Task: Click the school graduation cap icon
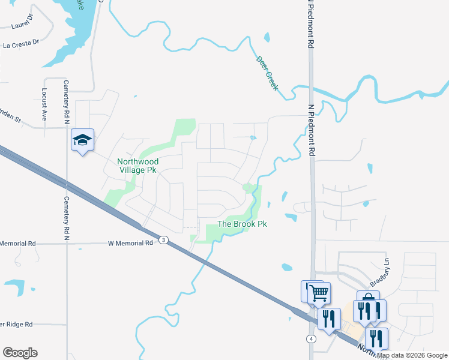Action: click(82, 140)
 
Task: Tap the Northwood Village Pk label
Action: click(137, 166)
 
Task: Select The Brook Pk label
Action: click(241, 224)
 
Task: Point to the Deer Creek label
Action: click(267, 73)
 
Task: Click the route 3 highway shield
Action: click(163, 240)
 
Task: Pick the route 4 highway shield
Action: click(311, 339)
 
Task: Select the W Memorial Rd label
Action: click(130, 244)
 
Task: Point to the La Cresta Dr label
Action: click(21, 44)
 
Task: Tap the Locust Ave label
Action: click(44, 105)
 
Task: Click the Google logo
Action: click(20, 353)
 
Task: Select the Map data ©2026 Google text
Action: click(412, 355)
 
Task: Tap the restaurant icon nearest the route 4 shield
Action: click(328, 318)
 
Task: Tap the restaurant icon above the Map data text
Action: click(376, 338)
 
